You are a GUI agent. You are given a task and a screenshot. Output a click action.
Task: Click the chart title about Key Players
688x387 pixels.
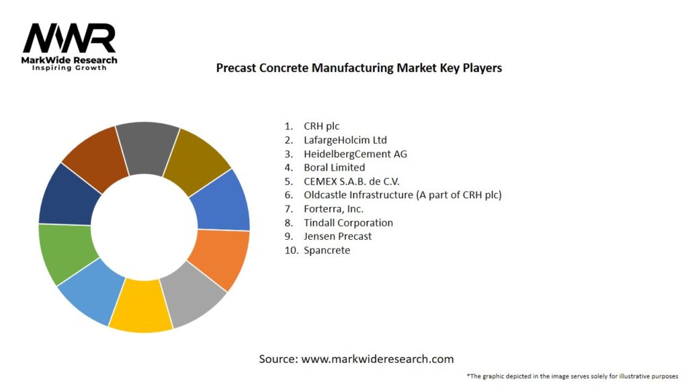pos(359,68)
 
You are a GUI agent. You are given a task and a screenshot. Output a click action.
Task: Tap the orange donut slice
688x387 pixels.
pos(220,258)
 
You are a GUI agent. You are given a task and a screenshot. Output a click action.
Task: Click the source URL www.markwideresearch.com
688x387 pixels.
pos(377,359)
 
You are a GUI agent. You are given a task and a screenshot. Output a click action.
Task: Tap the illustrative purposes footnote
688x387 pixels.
pos(572,376)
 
